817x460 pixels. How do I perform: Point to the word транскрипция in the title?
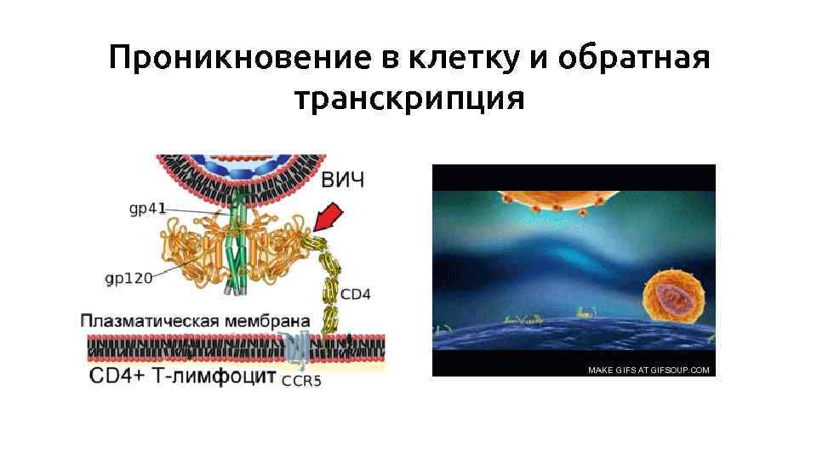pos(408,99)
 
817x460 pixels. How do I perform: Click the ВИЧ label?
pos(343,180)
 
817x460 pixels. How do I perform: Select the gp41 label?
pos(148,207)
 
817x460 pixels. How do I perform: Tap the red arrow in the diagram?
pos(328,216)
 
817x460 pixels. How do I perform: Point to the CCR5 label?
pos(302,381)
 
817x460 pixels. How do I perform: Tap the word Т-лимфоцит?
pos(209,376)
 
